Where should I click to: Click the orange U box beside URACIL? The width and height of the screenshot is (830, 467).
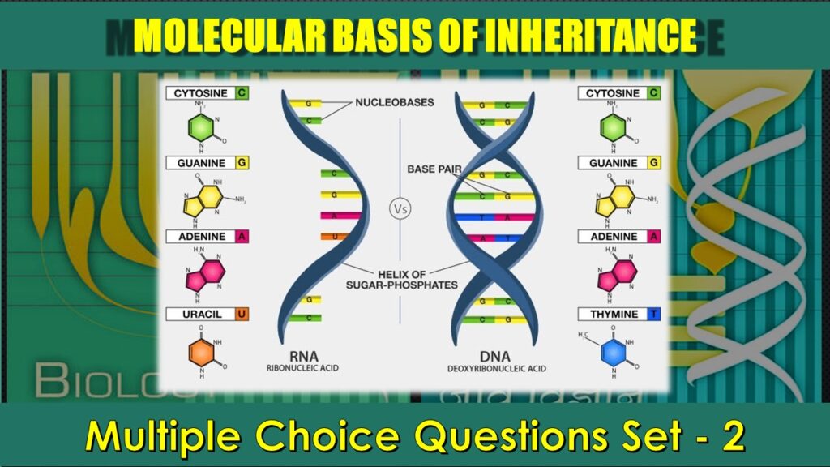click(242, 314)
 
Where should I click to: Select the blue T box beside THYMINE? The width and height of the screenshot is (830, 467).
click(653, 314)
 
